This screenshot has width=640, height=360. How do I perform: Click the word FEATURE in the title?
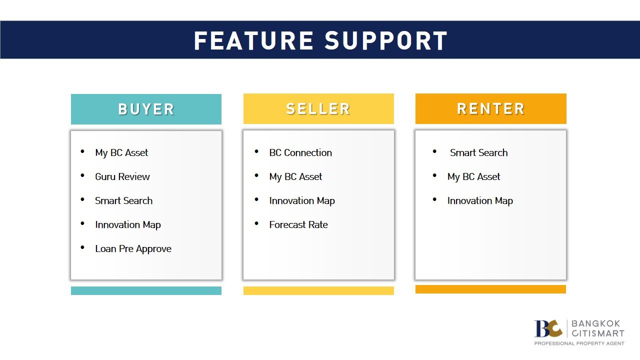coord(253,41)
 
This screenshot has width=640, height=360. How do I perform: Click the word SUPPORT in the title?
coord(385,41)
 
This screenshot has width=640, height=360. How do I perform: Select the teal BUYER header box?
coord(146,109)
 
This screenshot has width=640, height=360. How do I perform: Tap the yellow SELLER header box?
coord(318,109)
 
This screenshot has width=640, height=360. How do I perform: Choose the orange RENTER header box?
coord(491,109)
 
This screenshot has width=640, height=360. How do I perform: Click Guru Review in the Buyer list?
coord(122,176)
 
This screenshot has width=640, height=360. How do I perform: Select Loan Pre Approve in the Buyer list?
coord(133,248)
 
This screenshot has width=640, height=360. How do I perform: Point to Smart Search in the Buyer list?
coord(123,200)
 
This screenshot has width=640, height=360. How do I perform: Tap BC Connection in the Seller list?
coord(300,152)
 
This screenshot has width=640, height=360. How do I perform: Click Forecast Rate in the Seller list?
coord(298,224)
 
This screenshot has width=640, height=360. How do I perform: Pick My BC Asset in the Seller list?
coord(295,176)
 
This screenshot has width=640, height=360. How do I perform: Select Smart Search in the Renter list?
coord(479,152)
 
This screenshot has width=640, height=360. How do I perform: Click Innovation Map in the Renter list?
coord(480,200)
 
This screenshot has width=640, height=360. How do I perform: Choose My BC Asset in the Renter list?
coord(473,176)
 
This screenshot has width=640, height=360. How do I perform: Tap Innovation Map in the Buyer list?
coord(127,224)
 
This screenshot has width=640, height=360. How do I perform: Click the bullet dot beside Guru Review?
coord(82,175)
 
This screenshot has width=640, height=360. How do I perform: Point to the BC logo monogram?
coord(548,328)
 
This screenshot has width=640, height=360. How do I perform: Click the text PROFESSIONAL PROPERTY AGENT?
coord(579,343)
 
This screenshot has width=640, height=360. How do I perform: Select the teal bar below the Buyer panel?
coord(146,290)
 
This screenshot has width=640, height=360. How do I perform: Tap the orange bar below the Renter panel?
coord(490,289)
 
